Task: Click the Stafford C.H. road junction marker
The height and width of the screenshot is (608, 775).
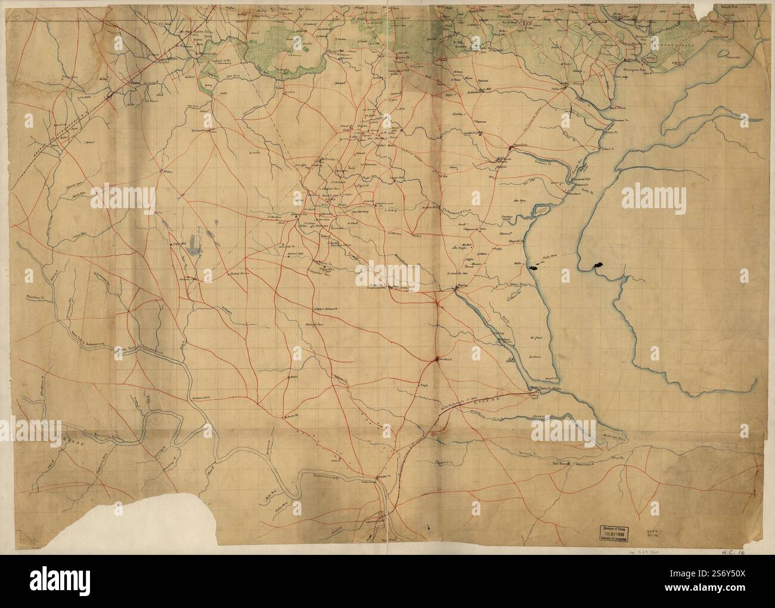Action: click(438, 359)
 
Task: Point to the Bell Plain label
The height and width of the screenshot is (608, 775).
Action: click(562, 463)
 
